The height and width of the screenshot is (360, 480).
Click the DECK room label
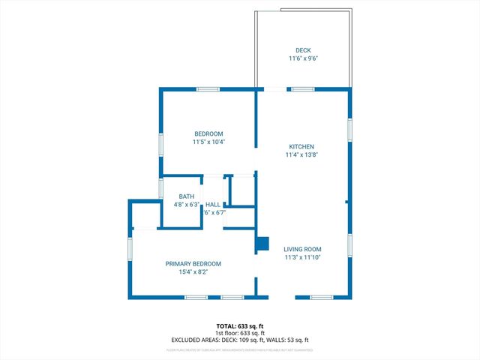tap(303, 50)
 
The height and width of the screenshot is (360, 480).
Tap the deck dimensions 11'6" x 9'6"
tap(303, 58)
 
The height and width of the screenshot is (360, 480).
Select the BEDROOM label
tap(208, 133)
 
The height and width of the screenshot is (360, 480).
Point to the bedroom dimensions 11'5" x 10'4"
tap(208, 142)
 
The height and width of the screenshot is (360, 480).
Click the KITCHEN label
tap(301, 147)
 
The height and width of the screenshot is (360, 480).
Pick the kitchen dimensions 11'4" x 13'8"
tap(301, 155)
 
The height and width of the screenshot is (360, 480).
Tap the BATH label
tap(186, 196)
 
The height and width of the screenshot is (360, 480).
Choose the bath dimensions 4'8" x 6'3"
tap(186, 204)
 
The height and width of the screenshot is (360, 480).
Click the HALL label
tap(213, 204)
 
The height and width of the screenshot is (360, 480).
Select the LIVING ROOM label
tap(302, 249)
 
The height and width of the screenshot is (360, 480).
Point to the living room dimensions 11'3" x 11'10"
tap(302, 257)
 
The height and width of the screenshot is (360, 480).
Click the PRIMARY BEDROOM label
tap(193, 264)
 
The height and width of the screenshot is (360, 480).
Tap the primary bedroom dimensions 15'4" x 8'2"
tap(193, 272)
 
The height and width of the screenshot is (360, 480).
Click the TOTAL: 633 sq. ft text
tap(240, 325)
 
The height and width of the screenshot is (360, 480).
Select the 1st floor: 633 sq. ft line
tap(240, 332)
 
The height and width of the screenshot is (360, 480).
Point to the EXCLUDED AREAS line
tap(240, 340)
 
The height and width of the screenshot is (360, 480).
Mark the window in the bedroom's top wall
tap(208, 90)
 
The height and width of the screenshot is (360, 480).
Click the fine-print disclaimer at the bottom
tap(240, 349)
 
